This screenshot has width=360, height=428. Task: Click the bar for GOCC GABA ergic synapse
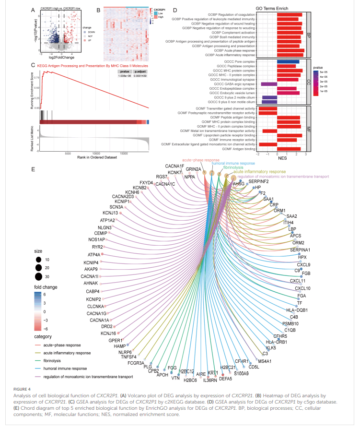269,84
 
